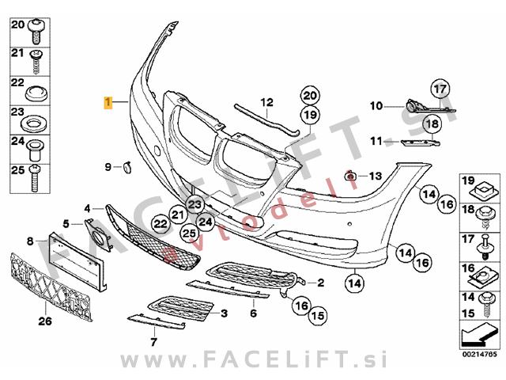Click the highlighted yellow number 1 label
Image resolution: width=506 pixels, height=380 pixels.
[108, 102]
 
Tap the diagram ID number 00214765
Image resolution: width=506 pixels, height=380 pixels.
[480, 354]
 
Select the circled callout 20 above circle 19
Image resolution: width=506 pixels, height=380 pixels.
[310, 96]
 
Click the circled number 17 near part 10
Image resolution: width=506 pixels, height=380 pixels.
[440, 89]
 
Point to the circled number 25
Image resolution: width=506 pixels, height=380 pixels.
[190, 234]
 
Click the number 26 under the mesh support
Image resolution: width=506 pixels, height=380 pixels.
[45, 321]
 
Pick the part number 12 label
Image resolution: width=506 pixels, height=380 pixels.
[267, 103]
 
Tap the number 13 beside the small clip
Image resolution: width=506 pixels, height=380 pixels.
[376, 176]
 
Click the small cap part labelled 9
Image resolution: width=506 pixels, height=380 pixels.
[126, 167]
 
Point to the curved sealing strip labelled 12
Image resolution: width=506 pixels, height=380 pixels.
[266, 119]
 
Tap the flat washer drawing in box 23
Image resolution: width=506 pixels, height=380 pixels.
[32, 123]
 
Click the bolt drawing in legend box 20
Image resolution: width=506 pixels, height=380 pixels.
[36, 32]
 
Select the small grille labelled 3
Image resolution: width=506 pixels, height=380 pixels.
[181, 308]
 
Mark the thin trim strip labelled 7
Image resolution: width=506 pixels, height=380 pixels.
[157, 322]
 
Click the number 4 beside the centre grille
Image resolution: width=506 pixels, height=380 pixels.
[88, 209]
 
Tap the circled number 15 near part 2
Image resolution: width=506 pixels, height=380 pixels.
[318, 315]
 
